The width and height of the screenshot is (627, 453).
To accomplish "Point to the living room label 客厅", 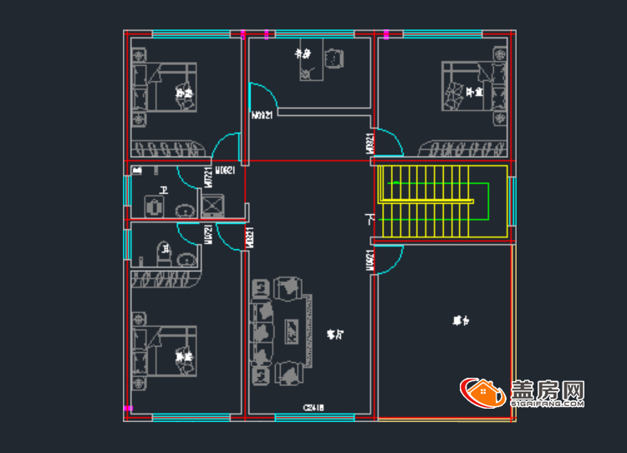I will click(335, 334).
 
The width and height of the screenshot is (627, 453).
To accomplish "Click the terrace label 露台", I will click(461, 320).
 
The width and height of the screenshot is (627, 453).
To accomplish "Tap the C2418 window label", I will click(313, 408).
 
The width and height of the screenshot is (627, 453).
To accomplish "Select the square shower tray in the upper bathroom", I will click(213, 205).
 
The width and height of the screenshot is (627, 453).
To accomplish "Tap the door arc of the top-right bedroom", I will click(390, 140).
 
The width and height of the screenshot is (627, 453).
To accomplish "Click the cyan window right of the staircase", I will click(512, 201).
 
